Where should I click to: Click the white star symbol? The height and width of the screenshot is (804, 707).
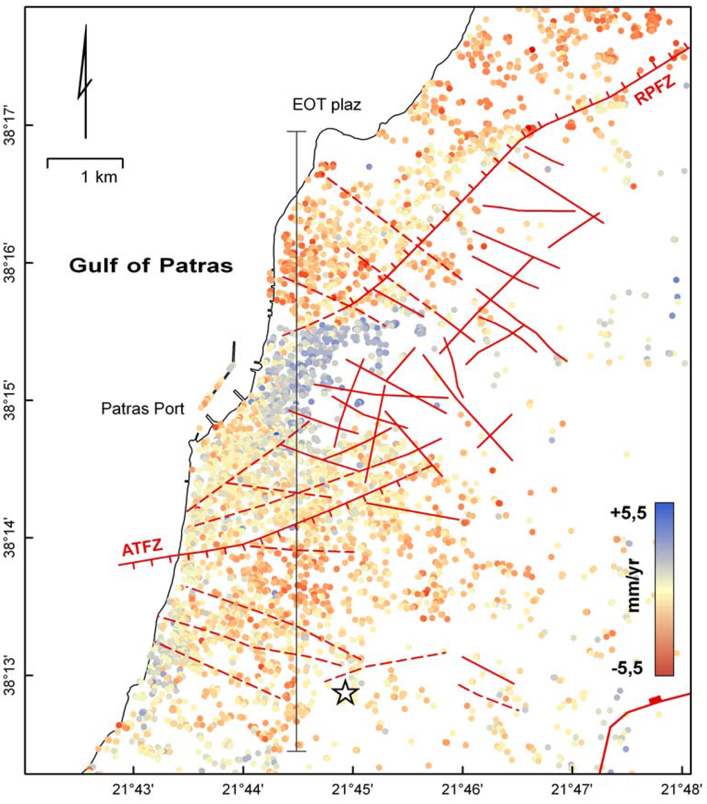(x=345, y=692)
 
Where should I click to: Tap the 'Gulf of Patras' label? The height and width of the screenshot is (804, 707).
(x=151, y=265)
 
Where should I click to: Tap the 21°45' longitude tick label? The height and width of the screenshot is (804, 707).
(x=353, y=788)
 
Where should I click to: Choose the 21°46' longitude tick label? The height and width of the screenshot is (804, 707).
(x=463, y=788)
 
